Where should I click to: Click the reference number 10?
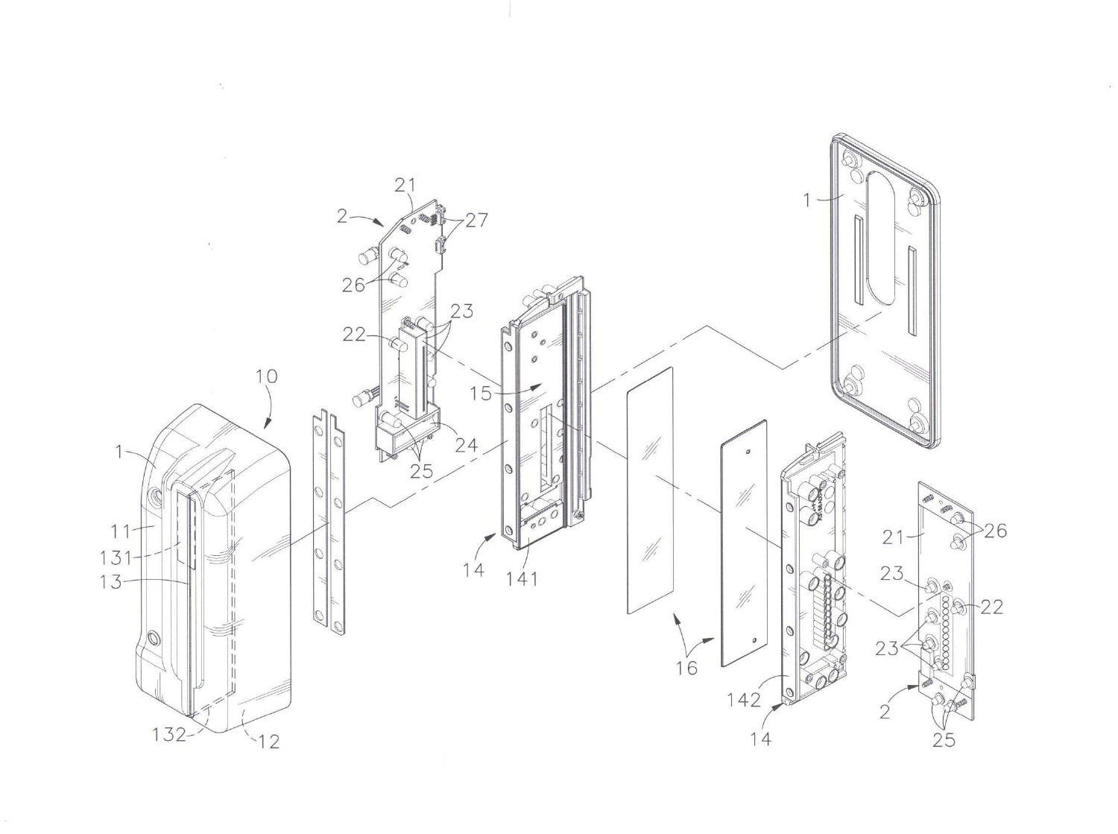[266, 376]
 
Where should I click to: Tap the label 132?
[169, 734]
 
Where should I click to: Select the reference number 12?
[268, 742]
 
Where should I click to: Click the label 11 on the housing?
[121, 531]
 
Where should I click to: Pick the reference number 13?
[112, 581]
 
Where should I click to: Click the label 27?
[476, 220]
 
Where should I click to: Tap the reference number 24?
[466, 446]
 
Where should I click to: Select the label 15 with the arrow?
[481, 393]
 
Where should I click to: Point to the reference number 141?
[521, 578]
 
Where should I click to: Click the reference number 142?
[744, 700]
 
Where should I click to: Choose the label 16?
[686, 668]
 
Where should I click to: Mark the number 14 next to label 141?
[473, 570]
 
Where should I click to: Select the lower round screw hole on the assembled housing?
[154, 638]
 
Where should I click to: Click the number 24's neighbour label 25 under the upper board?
[422, 471]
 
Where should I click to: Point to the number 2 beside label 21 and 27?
[342, 216]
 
